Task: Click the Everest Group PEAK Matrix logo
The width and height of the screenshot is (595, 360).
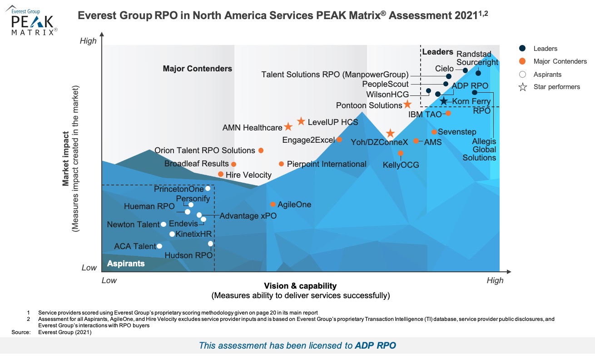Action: click(x=32, y=20)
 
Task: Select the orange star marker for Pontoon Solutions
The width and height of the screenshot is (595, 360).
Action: click(x=407, y=105)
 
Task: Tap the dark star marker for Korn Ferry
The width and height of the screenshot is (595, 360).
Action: click(x=444, y=101)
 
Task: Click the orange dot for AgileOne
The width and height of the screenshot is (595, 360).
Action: click(x=273, y=205)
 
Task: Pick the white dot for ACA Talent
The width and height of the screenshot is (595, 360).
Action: click(x=159, y=246)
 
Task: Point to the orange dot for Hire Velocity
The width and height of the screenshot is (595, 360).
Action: click(x=221, y=174)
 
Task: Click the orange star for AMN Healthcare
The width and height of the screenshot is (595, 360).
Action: click(x=288, y=127)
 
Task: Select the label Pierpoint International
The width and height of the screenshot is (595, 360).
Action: click(x=327, y=164)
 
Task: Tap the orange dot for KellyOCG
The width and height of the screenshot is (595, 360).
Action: click(x=401, y=153)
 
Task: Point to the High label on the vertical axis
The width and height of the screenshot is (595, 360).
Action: click(x=88, y=41)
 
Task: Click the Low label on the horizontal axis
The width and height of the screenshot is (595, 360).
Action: click(x=109, y=280)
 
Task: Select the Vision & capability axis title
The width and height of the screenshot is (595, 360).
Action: click(x=300, y=286)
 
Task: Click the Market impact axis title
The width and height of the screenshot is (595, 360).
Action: click(x=66, y=159)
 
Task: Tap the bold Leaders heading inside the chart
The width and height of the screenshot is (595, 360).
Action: click(x=438, y=52)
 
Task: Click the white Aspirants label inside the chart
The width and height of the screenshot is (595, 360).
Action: click(x=126, y=264)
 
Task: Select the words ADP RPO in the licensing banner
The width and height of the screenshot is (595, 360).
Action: click(x=375, y=345)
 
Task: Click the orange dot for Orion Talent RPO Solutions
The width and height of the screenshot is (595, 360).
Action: click(x=261, y=150)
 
